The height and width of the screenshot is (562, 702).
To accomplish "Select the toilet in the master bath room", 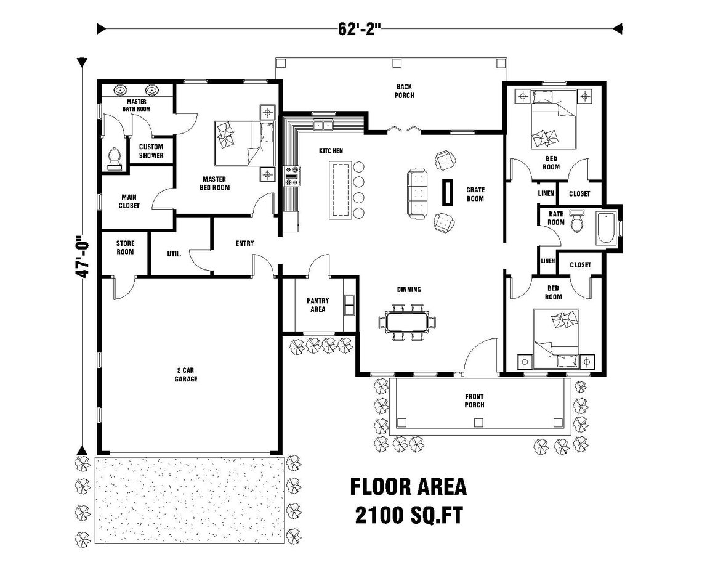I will click(113, 159).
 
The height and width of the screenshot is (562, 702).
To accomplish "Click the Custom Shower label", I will click(151, 151).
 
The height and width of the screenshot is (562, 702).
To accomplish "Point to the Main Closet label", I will click(129, 202).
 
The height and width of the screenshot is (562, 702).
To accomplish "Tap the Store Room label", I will click(125, 247).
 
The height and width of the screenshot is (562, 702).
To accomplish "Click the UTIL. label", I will click(174, 253).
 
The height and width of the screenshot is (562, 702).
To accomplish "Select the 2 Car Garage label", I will click(185, 375).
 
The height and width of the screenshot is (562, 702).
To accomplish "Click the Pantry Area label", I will click(317, 304).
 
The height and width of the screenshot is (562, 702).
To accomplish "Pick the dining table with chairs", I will click(406, 322).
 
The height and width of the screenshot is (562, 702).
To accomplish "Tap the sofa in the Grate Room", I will click(418, 193).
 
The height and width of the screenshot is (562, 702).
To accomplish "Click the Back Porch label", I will click(404, 91).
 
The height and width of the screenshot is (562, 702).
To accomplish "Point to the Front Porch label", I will click(474, 401).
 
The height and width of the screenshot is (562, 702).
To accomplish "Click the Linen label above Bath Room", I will click(546, 193).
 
